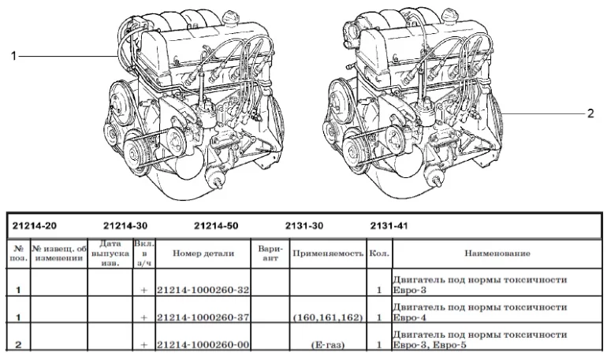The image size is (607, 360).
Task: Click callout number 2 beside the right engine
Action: tap(589, 113)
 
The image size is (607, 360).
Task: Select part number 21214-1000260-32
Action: tap(203, 290)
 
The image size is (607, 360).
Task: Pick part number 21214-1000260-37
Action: tap(203, 317)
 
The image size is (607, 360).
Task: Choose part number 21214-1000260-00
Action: tap(203, 344)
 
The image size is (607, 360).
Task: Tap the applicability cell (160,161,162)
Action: tap(326, 317)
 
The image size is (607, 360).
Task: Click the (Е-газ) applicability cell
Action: tap(326, 344)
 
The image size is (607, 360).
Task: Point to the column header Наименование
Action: tap(496, 254)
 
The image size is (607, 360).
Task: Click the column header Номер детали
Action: tap(203, 254)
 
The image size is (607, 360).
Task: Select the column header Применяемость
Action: tap(326, 254)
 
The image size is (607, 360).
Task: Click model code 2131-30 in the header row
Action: tap(307, 225)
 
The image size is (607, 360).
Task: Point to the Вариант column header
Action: tap(270, 254)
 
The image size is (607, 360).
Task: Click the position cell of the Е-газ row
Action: tap(17, 344)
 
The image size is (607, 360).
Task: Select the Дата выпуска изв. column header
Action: tap(110, 254)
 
